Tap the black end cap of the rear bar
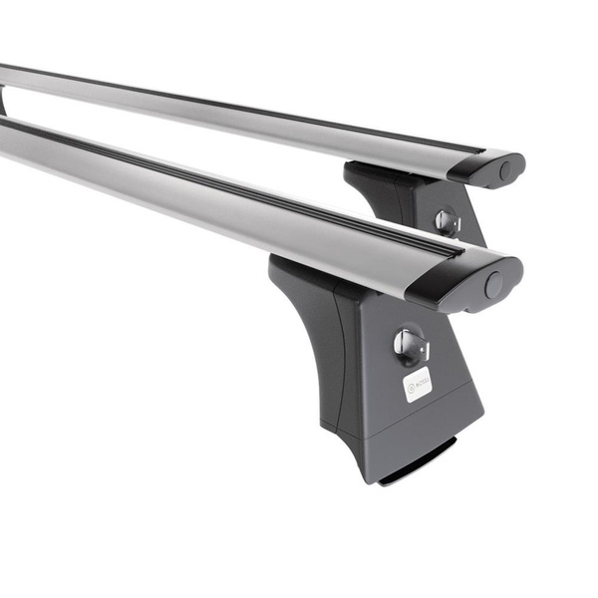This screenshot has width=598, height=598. (488, 166)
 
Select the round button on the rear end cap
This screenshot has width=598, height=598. (505, 169)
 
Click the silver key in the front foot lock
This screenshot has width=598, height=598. (409, 345)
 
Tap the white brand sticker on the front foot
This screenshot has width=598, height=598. (418, 384)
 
